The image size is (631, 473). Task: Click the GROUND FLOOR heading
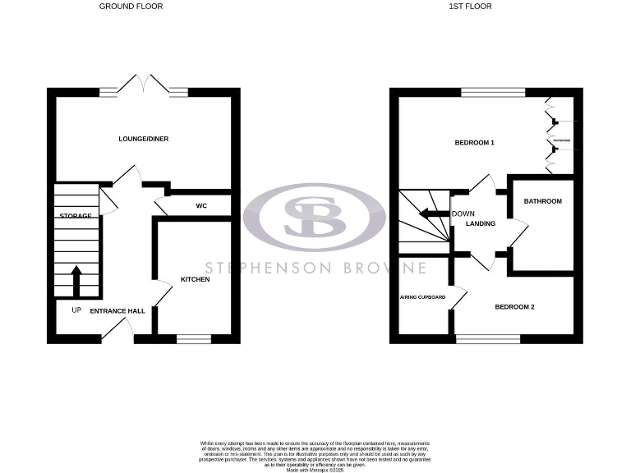[131, 6]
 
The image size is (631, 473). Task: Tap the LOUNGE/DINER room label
[143, 139]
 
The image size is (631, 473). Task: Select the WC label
[201, 205]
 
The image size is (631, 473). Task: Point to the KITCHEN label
[196, 280]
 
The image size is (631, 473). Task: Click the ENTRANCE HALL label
[117, 311]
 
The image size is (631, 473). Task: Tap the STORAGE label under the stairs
[76, 215]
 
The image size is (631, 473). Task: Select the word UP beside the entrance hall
[76, 310]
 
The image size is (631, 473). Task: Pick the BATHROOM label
[543, 201]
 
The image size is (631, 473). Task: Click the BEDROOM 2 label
[514, 307]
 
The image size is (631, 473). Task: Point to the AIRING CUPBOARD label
[422, 297]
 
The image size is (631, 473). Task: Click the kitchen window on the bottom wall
[195, 337]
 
